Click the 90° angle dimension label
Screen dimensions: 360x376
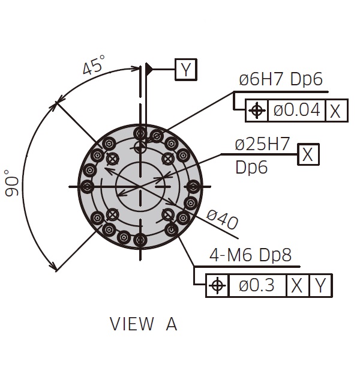pos(11,183)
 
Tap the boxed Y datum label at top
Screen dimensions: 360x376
pos(186,69)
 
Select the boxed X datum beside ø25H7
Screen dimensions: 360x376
pos(308,154)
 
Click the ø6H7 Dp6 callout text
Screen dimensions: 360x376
pos(281,79)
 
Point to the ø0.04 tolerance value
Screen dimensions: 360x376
pos(297,110)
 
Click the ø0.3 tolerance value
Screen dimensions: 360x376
pos(257,285)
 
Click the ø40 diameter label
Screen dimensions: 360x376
pos(222,219)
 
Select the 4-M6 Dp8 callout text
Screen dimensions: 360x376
pos(251,255)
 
